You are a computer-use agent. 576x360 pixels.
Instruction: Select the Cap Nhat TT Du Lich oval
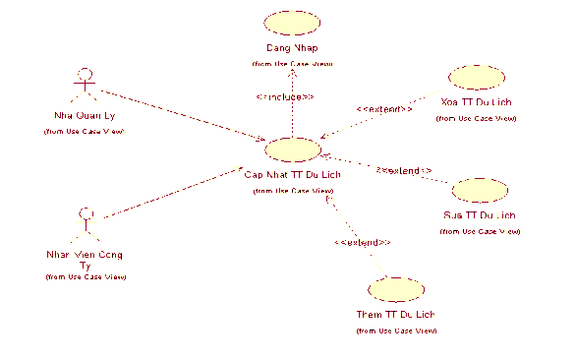[292, 150]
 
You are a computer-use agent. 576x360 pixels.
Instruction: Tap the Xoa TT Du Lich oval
[476, 78]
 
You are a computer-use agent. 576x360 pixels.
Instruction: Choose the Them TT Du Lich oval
[395, 289]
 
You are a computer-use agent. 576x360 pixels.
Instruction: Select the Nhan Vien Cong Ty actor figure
[87, 226]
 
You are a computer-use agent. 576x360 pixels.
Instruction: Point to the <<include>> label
[285, 96]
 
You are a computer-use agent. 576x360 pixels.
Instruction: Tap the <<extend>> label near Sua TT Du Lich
[404, 171]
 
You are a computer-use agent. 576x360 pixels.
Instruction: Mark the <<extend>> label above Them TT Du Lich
[363, 241]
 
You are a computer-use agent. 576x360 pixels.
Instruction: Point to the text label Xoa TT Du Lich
[477, 102]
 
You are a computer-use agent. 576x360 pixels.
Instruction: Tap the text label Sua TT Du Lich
[479, 214]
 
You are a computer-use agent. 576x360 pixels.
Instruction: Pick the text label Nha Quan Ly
[84, 115]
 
